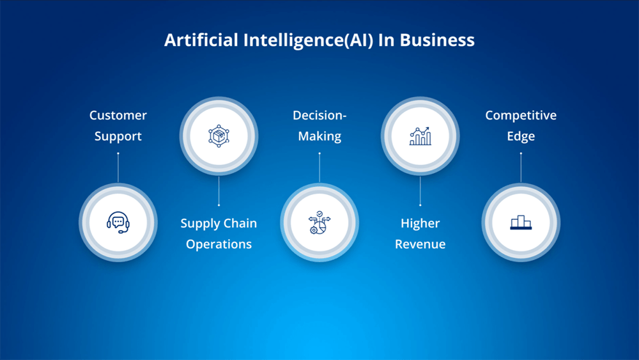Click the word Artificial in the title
pyautogui.click(x=201, y=40)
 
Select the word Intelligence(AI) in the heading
pyautogui.click(x=308, y=40)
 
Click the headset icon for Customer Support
pyautogui.click(x=118, y=222)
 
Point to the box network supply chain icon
pyautogui.click(x=219, y=136)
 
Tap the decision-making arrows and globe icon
pyautogui.click(x=319, y=222)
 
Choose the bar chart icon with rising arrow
pyautogui.click(x=420, y=136)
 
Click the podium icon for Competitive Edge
pyautogui.click(x=521, y=222)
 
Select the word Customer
pyautogui.click(x=118, y=115)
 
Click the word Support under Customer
pyautogui.click(x=118, y=137)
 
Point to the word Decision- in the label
pyautogui.click(x=319, y=115)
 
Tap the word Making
pyautogui.click(x=319, y=137)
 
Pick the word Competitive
pyautogui.click(x=521, y=116)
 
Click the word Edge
pyautogui.click(x=521, y=137)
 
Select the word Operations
pyautogui.click(x=219, y=244)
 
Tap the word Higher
pyautogui.click(x=420, y=223)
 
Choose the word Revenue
pyautogui.click(x=420, y=244)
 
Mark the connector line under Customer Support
pyautogui.click(x=118, y=168)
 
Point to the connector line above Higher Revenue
pyautogui.click(x=420, y=191)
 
